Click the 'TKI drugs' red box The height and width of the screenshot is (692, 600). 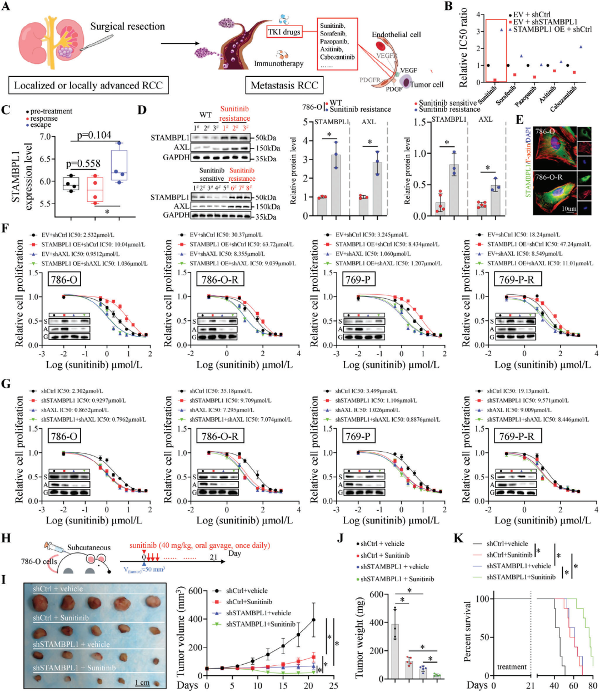(284, 32)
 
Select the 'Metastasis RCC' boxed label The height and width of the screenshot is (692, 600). (284, 85)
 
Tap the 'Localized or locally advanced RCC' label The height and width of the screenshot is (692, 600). (88, 85)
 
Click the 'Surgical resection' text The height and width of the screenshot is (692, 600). (127, 26)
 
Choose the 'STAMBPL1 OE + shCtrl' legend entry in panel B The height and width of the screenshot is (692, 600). (552, 29)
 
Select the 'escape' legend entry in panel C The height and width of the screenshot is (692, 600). (41, 125)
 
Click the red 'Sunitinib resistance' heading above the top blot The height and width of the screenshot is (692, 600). (234, 113)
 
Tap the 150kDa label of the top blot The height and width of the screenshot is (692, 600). (268, 148)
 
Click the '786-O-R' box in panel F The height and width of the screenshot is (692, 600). (221, 280)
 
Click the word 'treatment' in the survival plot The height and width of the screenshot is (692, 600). (512, 667)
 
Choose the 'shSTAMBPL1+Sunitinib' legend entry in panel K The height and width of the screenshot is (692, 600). (521, 577)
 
